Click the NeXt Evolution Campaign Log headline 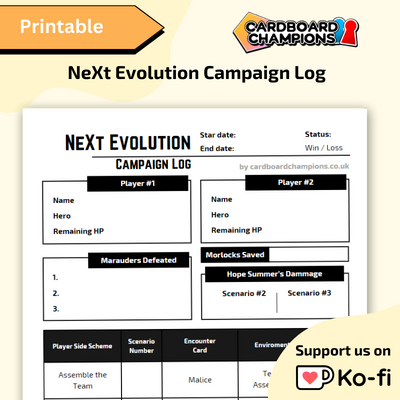click(x=200, y=73)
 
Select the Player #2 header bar click(x=295, y=182)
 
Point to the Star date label click(x=218, y=134)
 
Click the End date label click(x=217, y=148)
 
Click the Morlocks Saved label click(x=237, y=255)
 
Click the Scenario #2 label click(x=244, y=294)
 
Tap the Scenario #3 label click(x=309, y=293)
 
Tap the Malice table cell click(x=200, y=380)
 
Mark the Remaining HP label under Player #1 click(x=79, y=231)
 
